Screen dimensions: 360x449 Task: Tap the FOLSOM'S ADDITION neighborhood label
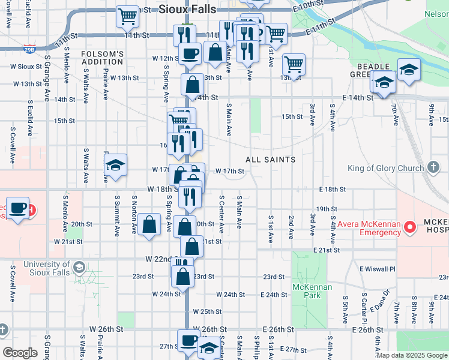(103, 58)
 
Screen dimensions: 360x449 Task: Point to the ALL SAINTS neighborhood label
(270, 160)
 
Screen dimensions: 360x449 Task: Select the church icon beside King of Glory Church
(435, 168)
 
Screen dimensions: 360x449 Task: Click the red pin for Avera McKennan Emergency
(411, 227)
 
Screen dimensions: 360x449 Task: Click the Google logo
(20, 353)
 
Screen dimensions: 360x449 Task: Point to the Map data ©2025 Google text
(411, 355)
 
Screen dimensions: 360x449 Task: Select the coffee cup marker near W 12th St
(190, 53)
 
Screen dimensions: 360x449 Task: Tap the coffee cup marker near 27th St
(188, 340)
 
